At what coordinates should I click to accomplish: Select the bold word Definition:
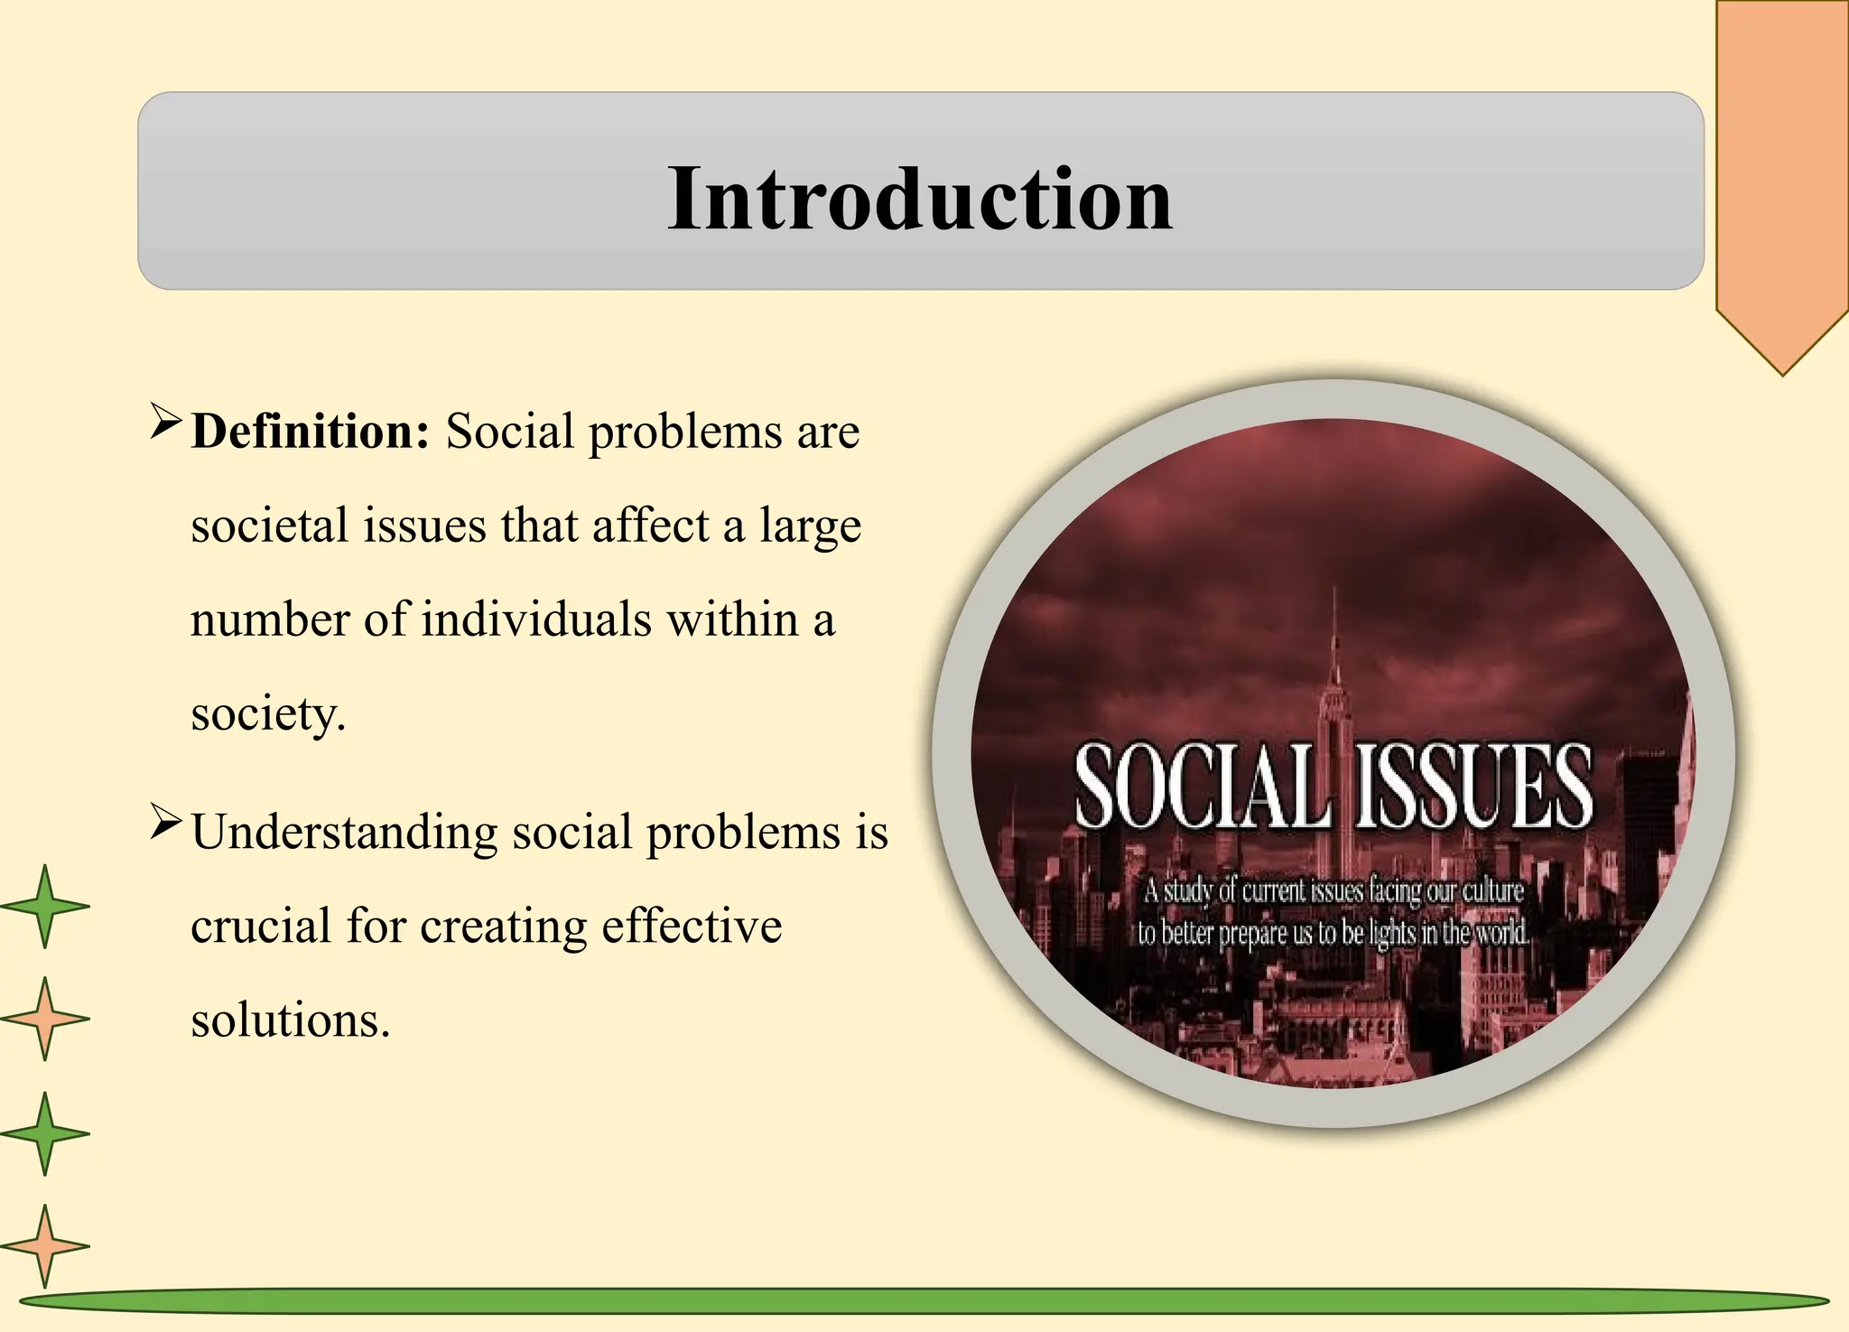click(311, 432)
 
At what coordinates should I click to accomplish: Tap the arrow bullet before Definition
click(166, 422)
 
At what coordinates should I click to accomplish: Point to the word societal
click(269, 526)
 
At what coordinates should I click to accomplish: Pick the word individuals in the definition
click(536, 619)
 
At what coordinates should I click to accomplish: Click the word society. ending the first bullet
click(268, 715)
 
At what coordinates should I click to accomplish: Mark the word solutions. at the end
click(290, 1020)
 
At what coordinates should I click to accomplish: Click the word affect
click(650, 526)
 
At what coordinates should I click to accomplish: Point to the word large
click(810, 527)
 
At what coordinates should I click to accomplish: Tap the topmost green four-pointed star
click(45, 906)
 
